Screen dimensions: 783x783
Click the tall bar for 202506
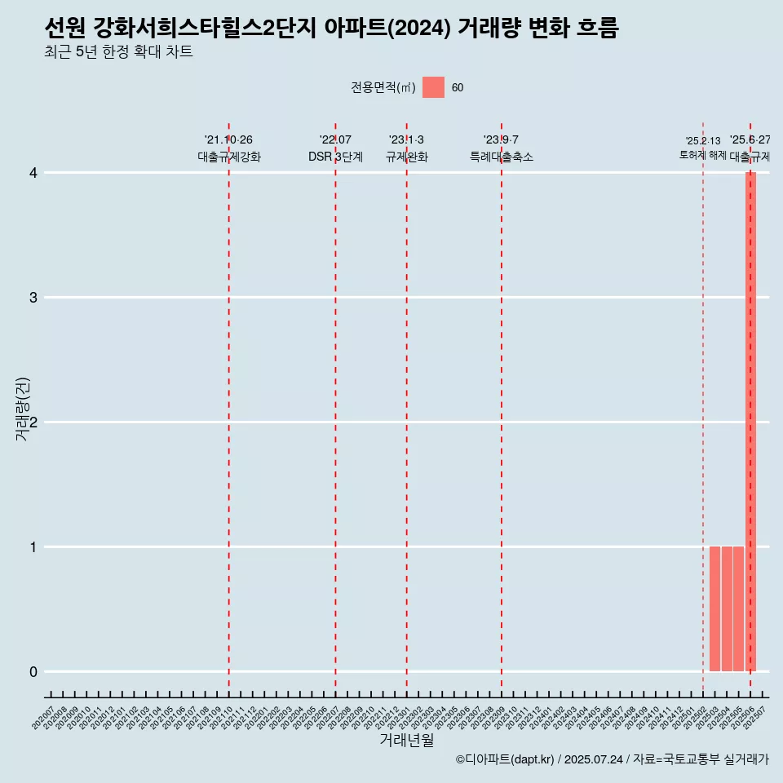[750, 421]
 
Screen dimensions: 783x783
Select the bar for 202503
[714, 608]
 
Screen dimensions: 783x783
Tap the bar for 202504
[727, 608]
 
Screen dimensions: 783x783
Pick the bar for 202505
[738, 608]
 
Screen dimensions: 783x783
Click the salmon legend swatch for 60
[433, 87]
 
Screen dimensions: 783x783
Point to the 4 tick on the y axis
[33, 172]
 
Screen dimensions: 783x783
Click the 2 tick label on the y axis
[33, 422]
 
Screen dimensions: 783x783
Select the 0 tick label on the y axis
[33, 671]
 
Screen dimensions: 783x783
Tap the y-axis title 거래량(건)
[23, 409]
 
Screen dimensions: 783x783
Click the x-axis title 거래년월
[406, 741]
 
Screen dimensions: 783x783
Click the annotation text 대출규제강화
[229, 157]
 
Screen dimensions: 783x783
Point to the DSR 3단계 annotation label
[335, 157]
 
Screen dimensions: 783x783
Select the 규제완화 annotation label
[406, 157]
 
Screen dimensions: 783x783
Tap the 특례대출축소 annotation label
[502, 157]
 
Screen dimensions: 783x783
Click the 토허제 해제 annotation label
[702, 155]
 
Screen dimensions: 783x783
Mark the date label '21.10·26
[229, 139]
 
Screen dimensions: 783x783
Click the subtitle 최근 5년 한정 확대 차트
[119, 53]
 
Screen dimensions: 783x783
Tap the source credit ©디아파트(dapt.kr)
[505, 759]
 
